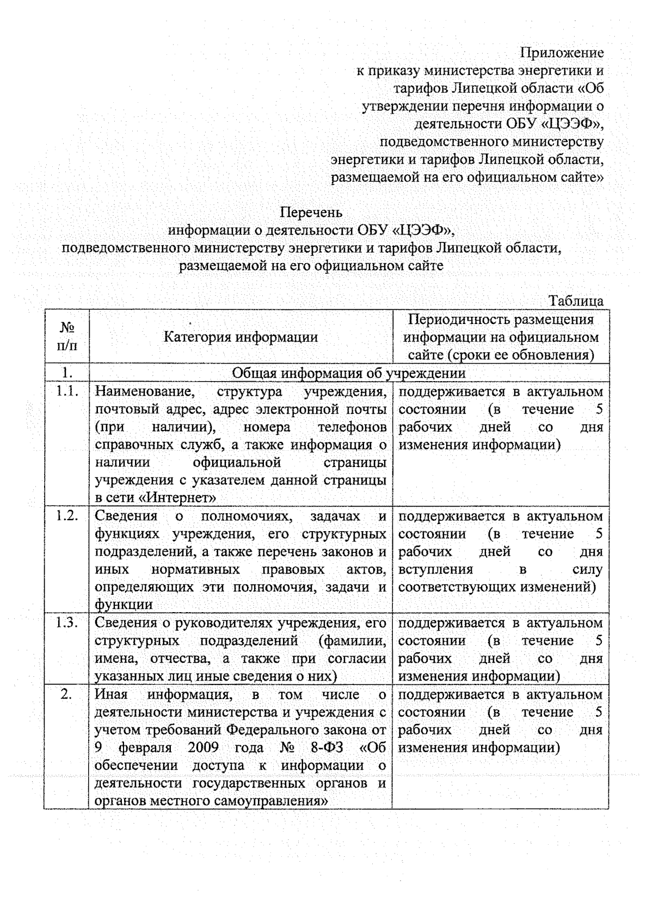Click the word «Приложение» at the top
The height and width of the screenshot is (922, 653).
click(562, 53)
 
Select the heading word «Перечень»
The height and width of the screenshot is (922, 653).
click(312, 212)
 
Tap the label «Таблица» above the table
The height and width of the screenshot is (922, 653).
click(576, 301)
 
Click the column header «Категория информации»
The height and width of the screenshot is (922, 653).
click(241, 337)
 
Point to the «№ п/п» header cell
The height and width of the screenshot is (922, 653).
click(67, 337)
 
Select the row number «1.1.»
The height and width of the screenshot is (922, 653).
click(67, 391)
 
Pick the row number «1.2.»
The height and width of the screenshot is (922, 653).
click(67, 516)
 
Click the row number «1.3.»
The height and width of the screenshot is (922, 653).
click(67, 623)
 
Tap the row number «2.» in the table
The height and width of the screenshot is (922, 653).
click(67, 694)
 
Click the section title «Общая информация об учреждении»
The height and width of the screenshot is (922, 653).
click(349, 373)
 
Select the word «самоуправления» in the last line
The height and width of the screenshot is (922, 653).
click(272, 801)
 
